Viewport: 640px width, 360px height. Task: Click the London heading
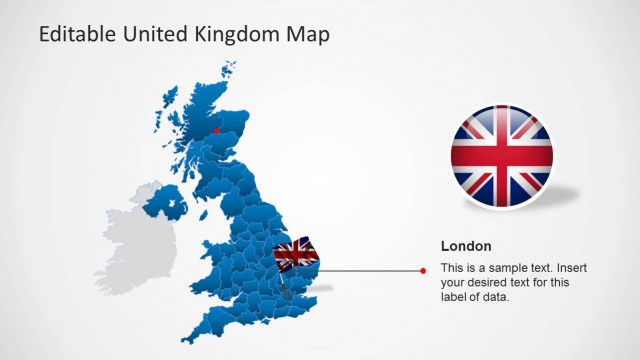pyautogui.click(x=466, y=246)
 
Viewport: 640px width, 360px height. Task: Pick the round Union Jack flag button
pyautogui.click(x=502, y=158)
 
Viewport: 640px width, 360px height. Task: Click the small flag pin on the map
pyautogui.click(x=296, y=253)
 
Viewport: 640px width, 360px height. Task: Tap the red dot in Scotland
pyautogui.click(x=215, y=129)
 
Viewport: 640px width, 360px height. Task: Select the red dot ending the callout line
pyautogui.click(x=424, y=270)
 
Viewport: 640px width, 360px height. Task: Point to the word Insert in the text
pyautogui.click(x=575, y=269)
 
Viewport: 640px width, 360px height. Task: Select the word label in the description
pyautogui.click(x=454, y=297)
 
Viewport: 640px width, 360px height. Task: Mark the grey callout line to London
pyautogui.click(x=370, y=270)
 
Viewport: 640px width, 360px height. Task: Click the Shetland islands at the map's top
pyautogui.click(x=230, y=70)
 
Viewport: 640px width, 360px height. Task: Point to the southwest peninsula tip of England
pyautogui.click(x=186, y=337)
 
